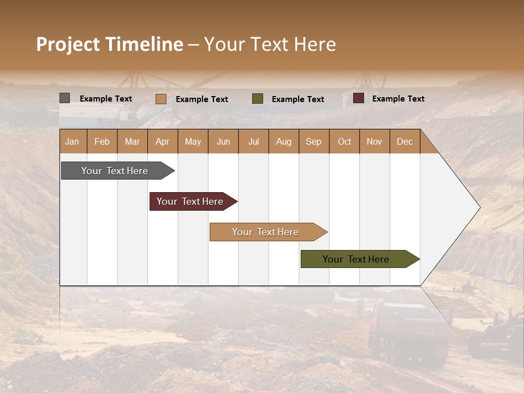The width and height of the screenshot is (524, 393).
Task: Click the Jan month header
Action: tap(73, 141)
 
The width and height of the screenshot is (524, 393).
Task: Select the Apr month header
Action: tap(163, 141)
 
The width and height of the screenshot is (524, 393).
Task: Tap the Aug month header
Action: tap(284, 141)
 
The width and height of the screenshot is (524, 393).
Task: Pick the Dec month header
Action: tap(405, 141)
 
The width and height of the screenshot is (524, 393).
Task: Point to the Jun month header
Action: tap(223, 141)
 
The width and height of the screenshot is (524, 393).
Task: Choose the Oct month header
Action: tap(344, 141)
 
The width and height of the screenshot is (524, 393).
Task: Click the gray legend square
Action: tap(64, 98)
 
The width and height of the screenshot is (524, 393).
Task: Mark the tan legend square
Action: tap(160, 99)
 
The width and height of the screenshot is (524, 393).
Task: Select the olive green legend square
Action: tap(258, 99)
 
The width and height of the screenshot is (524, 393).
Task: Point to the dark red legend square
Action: tap(359, 98)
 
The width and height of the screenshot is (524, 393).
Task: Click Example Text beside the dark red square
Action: tap(398, 99)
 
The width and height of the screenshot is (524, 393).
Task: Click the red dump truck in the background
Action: tap(407, 330)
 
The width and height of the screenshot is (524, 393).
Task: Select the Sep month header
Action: tap(314, 141)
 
